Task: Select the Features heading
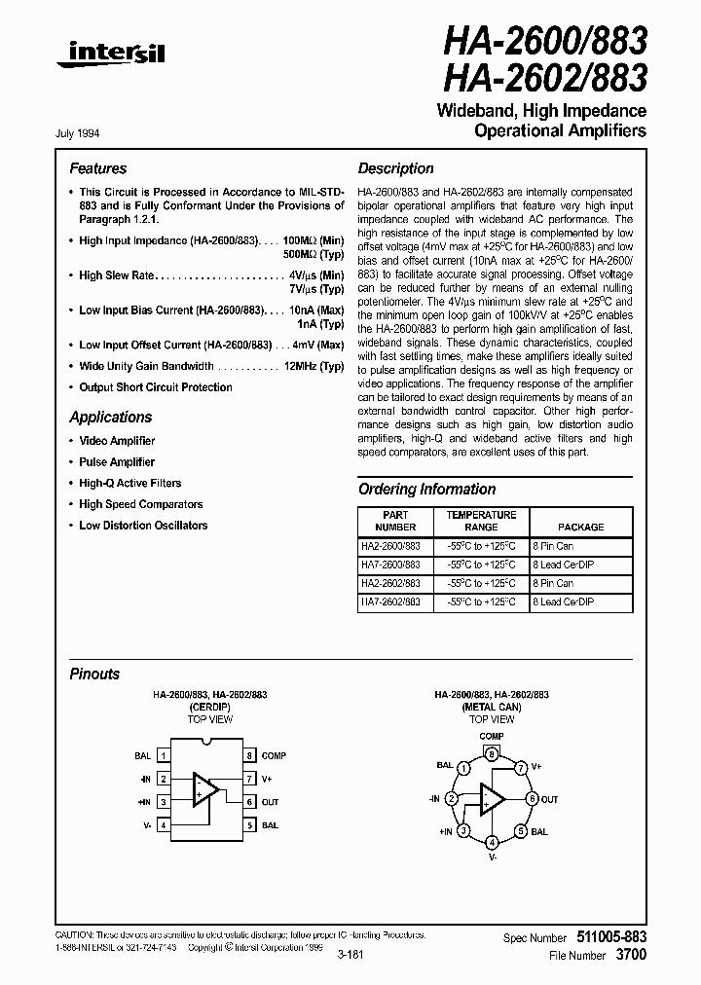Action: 97,168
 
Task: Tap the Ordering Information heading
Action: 426,489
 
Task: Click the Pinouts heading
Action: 94,674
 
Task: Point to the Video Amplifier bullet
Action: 117,441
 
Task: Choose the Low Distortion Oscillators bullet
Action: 143,525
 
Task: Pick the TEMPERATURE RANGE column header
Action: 481,520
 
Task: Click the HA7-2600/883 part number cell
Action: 390,565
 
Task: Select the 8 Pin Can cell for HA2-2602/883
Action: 552,583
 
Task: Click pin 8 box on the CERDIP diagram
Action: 250,755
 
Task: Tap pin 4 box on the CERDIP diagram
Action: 165,825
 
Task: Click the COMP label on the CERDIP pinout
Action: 274,755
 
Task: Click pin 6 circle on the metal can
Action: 532,799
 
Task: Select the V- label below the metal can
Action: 493,857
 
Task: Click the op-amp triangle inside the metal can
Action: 492,799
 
